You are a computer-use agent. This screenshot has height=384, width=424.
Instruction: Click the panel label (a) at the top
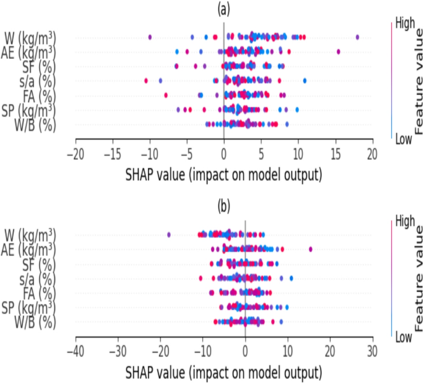pyautogui.click(x=223, y=10)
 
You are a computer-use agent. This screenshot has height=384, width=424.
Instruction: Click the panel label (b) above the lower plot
pyautogui.click(x=223, y=205)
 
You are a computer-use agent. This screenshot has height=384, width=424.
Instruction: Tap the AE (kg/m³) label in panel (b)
pyautogui.click(x=28, y=249)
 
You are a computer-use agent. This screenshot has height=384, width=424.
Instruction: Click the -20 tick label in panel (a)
pyautogui.click(x=76, y=153)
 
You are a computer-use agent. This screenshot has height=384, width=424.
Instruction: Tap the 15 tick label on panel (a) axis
pyautogui.click(x=335, y=153)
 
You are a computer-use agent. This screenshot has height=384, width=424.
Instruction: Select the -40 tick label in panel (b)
pyautogui.click(x=76, y=351)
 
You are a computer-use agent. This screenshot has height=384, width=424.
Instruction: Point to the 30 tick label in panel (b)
pyautogui.click(x=372, y=351)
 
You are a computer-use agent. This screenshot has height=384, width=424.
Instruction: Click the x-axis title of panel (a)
pyautogui.click(x=223, y=175)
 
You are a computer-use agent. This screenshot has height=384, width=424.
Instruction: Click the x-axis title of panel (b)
pyautogui.click(x=223, y=373)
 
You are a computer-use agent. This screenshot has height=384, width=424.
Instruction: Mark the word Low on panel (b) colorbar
pyautogui.click(x=404, y=338)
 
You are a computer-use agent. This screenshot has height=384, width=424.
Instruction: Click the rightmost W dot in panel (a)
pyautogui.click(x=358, y=37)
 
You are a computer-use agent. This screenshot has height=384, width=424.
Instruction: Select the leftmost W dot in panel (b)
pyautogui.click(x=169, y=234)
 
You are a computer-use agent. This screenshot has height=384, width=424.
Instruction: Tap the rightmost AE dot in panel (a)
pyautogui.click(x=338, y=51)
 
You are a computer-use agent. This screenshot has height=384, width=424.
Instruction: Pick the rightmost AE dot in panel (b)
pyautogui.click(x=310, y=249)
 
